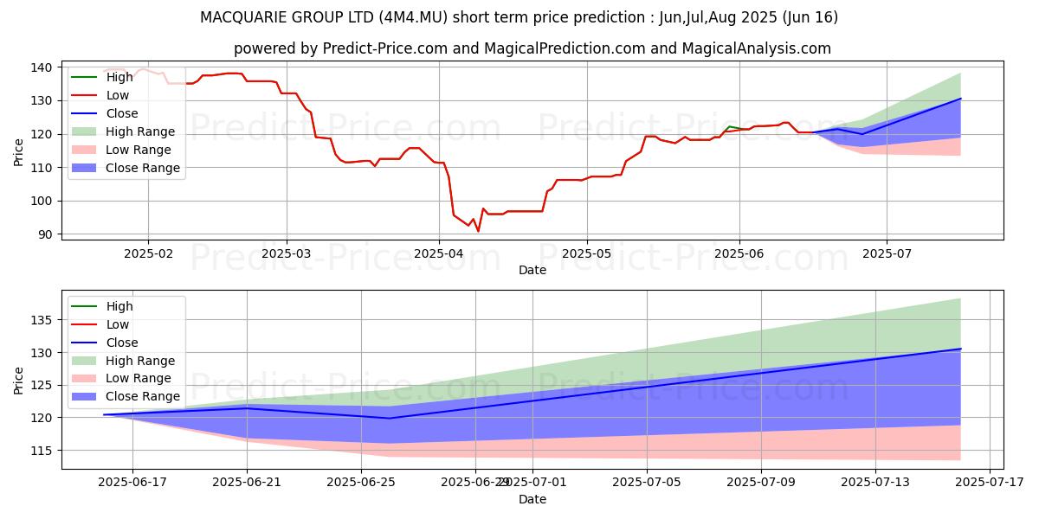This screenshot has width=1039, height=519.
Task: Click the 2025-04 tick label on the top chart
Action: [438, 253]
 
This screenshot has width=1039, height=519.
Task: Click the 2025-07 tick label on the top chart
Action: [886, 253]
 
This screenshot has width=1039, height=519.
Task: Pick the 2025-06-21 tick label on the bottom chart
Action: [247, 483]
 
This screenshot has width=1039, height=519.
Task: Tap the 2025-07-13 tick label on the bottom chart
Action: [875, 483]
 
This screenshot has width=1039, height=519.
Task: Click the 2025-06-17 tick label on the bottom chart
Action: [132, 483]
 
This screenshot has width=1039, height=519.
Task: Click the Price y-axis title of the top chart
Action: [19, 151]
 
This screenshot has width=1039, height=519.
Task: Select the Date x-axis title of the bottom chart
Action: [532, 499]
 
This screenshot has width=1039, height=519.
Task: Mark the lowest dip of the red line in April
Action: [478, 231]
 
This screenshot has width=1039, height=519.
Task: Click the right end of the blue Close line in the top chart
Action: [960, 99]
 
